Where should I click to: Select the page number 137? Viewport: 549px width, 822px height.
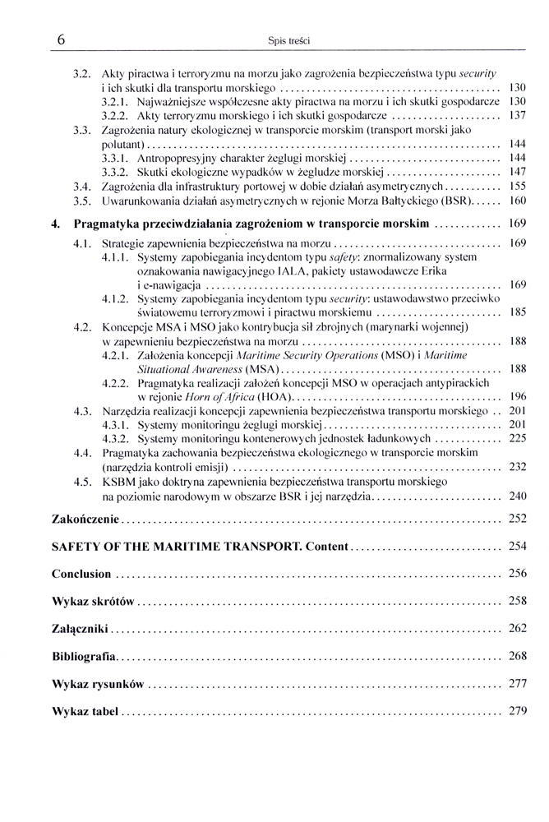[518, 116]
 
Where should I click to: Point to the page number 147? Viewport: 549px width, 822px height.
[518, 173]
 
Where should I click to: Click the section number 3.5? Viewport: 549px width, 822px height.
[81, 201]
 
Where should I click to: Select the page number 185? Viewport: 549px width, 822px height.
[518, 312]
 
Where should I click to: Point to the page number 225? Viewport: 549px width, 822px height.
[518, 439]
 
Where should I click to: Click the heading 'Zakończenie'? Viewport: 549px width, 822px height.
[85, 520]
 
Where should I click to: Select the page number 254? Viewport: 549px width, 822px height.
[518, 547]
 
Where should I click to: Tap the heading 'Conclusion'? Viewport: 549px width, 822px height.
[81, 574]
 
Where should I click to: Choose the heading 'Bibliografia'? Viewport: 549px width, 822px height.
[84, 657]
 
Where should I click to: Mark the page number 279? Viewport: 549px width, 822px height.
[518, 711]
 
